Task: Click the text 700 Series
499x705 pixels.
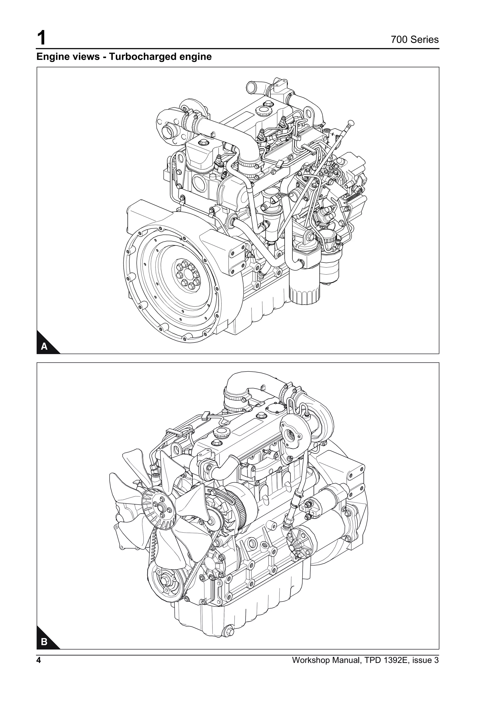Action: coord(414,40)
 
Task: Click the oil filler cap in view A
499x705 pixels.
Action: coord(264,109)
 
